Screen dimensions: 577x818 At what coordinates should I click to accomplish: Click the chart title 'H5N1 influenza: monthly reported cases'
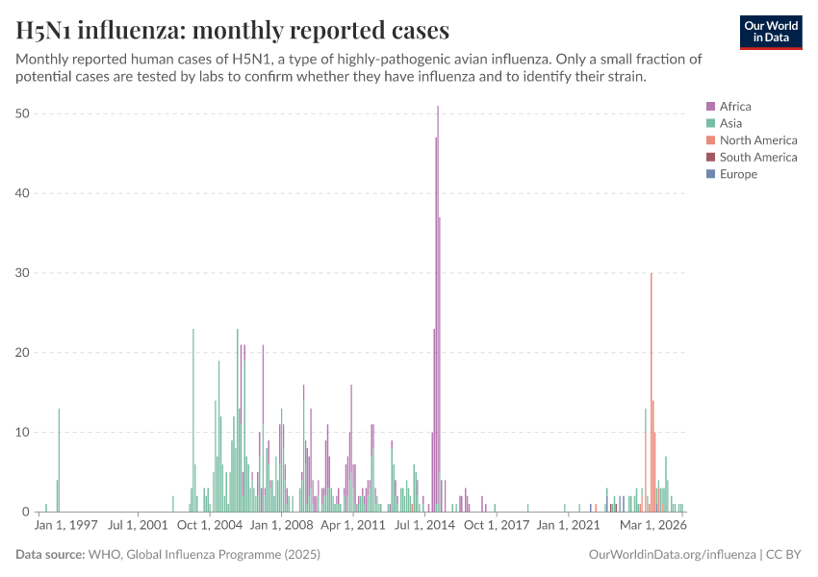(x=232, y=31)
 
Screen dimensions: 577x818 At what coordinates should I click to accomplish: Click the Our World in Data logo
(x=771, y=32)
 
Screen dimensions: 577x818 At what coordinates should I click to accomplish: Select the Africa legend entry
(x=735, y=107)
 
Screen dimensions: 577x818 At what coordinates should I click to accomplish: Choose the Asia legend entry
(x=730, y=123)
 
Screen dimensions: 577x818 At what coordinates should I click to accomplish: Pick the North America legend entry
(x=757, y=140)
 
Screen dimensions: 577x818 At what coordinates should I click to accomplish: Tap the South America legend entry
(x=757, y=157)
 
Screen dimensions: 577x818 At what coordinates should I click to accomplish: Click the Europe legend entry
(x=738, y=174)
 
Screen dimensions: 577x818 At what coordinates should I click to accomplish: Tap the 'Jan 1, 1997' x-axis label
(x=66, y=526)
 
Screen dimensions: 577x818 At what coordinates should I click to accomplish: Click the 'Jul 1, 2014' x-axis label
(x=424, y=526)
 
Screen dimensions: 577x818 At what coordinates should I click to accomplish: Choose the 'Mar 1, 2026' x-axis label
(x=652, y=526)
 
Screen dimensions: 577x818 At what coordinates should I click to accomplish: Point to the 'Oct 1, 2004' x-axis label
(x=210, y=526)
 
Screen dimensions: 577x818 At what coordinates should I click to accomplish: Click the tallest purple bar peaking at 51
(x=438, y=308)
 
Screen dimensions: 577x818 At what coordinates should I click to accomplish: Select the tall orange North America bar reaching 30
(x=652, y=394)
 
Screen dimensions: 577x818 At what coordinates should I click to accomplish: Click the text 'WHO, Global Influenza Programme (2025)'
(x=204, y=555)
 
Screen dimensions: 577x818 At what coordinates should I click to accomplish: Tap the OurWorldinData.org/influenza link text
(x=672, y=555)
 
